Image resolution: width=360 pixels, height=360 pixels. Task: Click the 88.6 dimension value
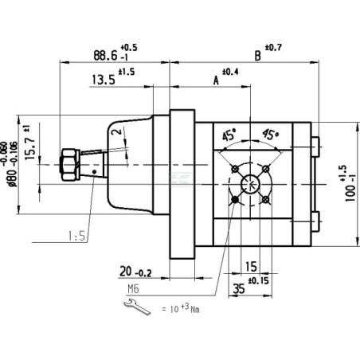105,56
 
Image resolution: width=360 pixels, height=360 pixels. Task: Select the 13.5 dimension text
104,80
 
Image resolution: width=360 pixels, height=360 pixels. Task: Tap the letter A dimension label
216,80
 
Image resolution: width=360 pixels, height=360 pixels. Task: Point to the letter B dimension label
257,56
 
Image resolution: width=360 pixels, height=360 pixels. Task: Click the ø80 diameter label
13,178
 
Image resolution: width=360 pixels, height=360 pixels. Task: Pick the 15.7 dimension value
30,148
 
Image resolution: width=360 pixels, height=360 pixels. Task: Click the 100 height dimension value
350,193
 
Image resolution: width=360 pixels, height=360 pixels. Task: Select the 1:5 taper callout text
76,236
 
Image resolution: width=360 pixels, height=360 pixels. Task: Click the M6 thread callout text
133,289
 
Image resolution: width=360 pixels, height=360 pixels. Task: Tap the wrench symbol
137,307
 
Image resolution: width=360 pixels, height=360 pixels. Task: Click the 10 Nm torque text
181,308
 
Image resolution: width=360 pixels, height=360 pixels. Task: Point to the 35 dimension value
239,288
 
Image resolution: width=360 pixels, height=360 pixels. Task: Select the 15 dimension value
251,267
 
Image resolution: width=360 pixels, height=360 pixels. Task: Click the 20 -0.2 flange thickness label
135,272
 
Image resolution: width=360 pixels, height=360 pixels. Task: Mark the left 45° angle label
229,135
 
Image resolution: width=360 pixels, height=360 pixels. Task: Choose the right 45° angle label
271,135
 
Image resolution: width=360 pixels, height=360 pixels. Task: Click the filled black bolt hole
235,199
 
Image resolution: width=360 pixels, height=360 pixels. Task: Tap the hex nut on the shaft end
70,165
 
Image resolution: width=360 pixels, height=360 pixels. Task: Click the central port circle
250,184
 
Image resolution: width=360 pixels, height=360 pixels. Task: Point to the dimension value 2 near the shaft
118,131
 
